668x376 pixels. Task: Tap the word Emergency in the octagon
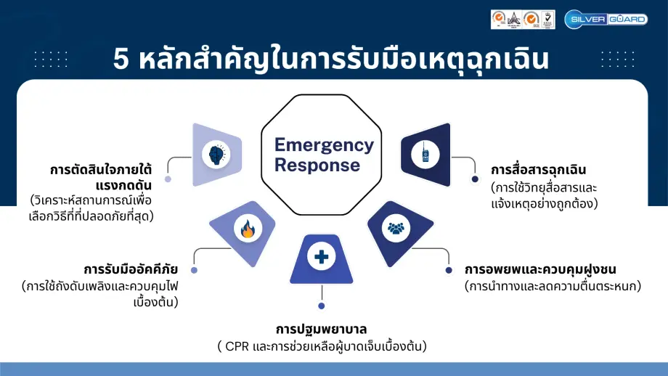(324, 144)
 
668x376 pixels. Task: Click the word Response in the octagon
(317, 165)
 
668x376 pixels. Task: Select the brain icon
(217, 154)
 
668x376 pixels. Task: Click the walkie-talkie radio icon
(425, 154)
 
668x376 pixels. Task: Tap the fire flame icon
(248, 230)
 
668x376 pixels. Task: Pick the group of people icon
(396, 229)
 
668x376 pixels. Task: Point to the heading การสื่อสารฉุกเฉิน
(538, 171)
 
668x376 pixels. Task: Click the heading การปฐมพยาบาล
(321, 328)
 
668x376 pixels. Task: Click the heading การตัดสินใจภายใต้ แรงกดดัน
(102, 177)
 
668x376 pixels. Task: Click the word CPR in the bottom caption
(237, 346)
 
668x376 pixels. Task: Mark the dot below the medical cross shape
(321, 306)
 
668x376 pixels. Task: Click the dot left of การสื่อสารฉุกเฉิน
(475, 179)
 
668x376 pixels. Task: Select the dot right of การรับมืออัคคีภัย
(194, 270)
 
